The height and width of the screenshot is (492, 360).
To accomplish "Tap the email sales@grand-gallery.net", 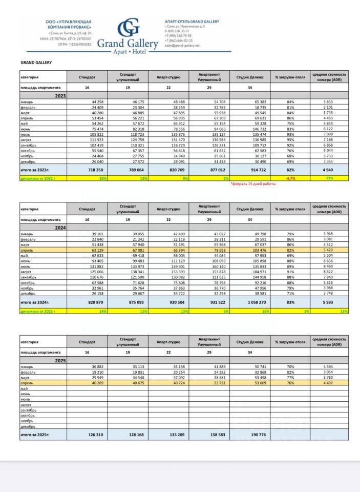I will coord(182,45).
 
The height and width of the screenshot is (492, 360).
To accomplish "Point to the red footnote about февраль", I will coord(253,184).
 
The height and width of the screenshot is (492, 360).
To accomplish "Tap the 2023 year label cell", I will coord(60,95).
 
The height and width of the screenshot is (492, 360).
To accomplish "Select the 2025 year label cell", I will coord(60,361).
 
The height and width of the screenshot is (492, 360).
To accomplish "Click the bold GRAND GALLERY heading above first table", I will coord(36,63).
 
